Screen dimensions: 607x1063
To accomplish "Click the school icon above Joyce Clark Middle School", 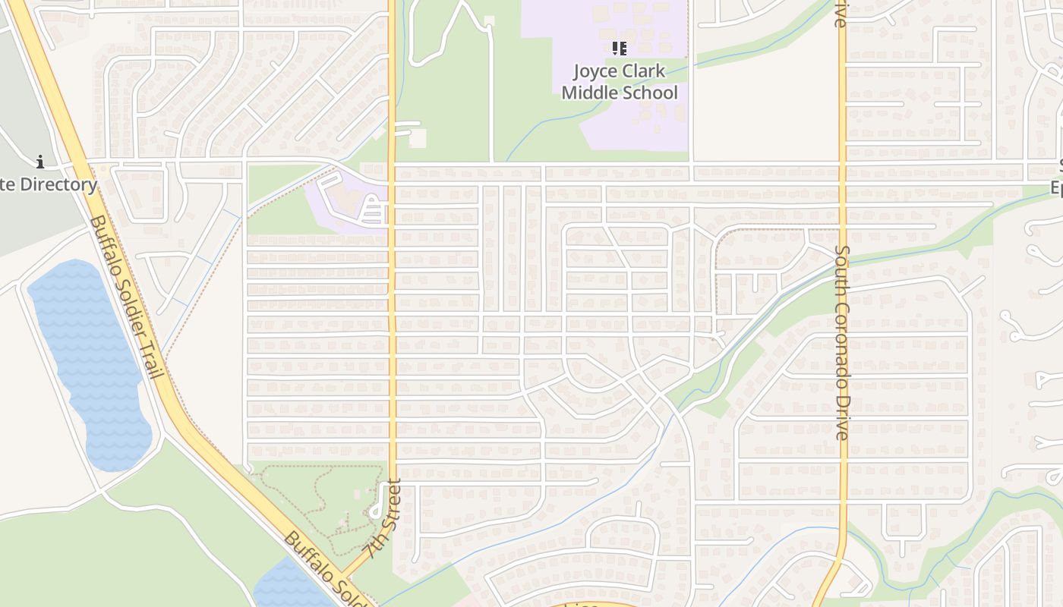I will (x=620, y=49).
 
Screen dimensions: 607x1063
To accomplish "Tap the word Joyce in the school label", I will (x=595, y=72).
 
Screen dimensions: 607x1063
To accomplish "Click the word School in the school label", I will (x=649, y=93).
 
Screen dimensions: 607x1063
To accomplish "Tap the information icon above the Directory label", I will (x=40, y=162).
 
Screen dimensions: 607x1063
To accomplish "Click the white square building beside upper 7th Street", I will (x=418, y=139).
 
